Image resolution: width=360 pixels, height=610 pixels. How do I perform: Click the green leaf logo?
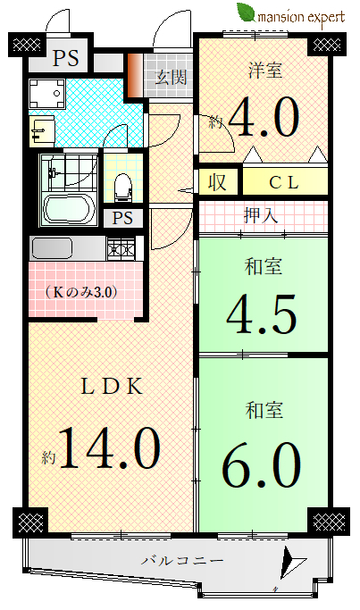tap(246, 13)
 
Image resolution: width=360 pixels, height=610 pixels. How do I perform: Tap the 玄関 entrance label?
tap(171, 77)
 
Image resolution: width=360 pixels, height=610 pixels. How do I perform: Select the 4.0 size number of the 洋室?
tap(264, 117)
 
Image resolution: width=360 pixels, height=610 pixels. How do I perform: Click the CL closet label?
tap(284, 182)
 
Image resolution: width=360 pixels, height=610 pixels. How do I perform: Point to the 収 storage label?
tap(217, 181)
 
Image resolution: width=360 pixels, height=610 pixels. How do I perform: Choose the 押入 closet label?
tap(261, 214)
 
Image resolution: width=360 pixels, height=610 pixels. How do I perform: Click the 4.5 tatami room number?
tap(262, 314)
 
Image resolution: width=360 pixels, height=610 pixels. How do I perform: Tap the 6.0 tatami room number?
tap(262, 465)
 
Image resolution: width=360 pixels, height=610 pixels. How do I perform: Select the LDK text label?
tap(111, 387)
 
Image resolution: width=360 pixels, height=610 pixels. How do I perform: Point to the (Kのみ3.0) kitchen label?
tap(81, 292)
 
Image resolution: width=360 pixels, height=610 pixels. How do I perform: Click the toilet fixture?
tap(123, 187)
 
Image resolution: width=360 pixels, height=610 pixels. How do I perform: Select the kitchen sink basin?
tap(52, 247)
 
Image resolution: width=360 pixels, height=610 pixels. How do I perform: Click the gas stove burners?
tap(121, 248)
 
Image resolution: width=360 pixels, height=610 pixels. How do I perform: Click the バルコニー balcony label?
tap(182, 561)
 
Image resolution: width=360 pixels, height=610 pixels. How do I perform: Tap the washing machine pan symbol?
tap(46, 94)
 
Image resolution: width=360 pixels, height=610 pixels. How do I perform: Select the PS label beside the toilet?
tap(122, 218)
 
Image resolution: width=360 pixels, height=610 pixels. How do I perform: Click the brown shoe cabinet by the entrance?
tap(135, 74)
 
